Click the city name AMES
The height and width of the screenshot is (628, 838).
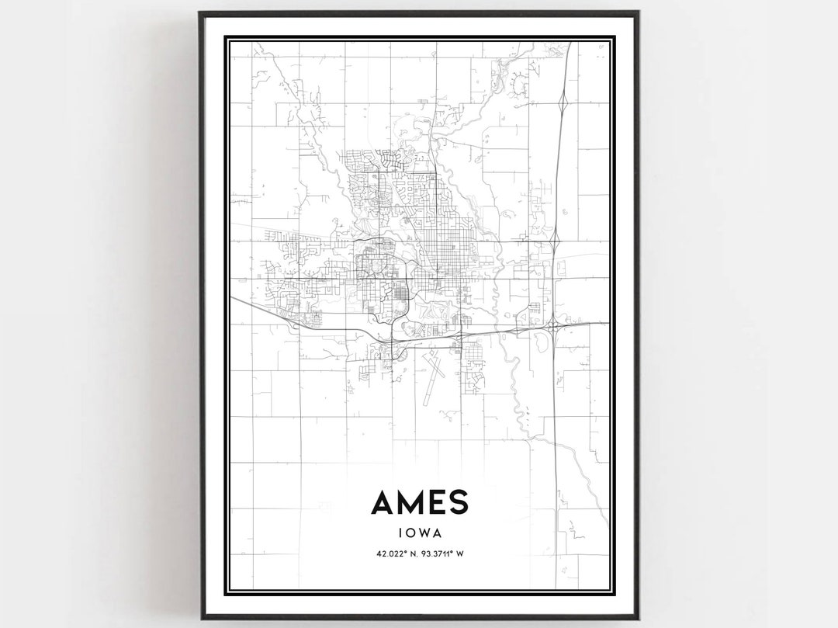tap(419, 503)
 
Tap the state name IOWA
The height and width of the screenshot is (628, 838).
tap(419, 533)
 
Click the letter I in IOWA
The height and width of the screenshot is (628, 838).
tap(398, 533)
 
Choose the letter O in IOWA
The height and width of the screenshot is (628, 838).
tap(409, 533)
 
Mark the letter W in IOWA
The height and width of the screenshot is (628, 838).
tap(424, 533)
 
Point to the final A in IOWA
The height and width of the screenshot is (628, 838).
tap(438, 533)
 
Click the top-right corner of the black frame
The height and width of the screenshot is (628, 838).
tap(637, 12)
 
